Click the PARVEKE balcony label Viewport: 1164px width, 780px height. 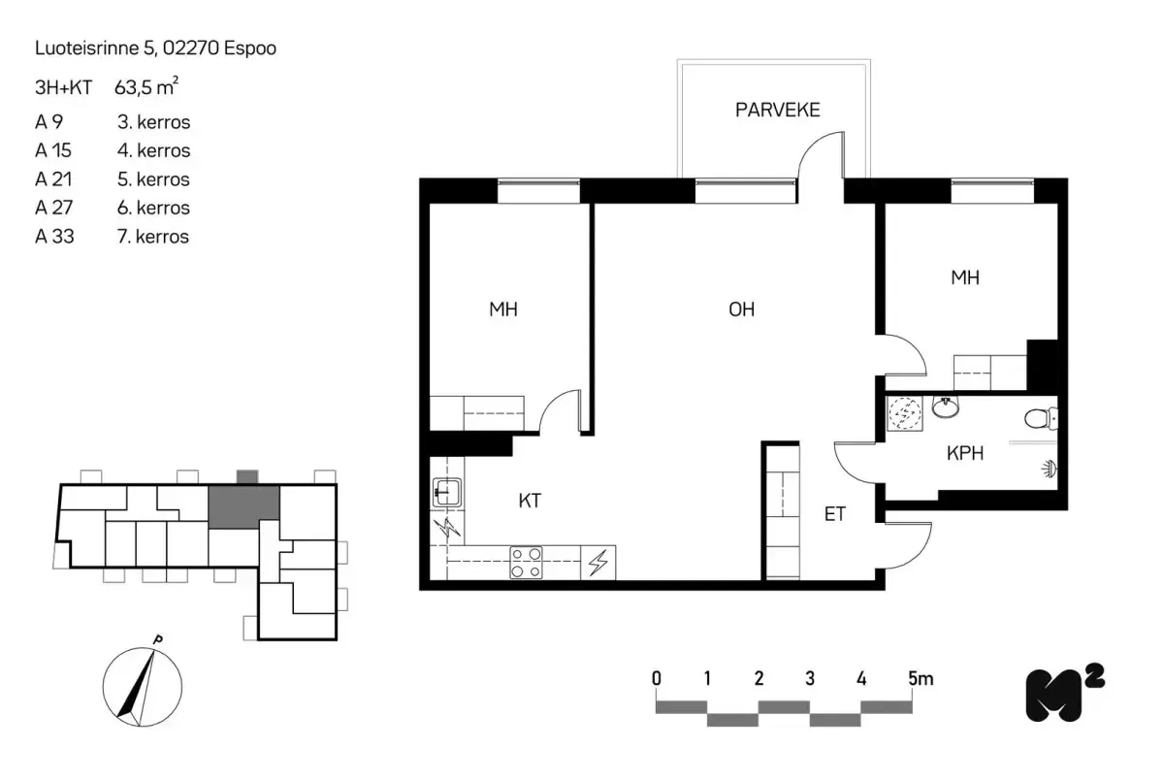pyautogui.click(x=777, y=110)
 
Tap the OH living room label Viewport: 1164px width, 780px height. pyautogui.click(x=741, y=310)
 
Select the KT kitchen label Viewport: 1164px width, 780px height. pyautogui.click(x=529, y=502)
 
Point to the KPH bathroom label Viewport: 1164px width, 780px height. pyautogui.click(x=965, y=452)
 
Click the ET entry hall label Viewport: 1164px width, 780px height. pyautogui.click(x=834, y=514)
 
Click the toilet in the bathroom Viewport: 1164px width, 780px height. pyautogui.click(x=1042, y=419)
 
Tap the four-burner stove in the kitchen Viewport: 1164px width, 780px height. pyautogui.click(x=528, y=563)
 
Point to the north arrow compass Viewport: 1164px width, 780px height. pyautogui.click(x=140, y=684)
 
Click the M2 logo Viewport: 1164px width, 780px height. pyautogui.click(x=1063, y=694)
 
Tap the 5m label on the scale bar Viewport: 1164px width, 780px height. pyautogui.click(x=921, y=678)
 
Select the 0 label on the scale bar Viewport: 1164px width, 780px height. pyautogui.click(x=657, y=678)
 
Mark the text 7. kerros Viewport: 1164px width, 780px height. pyautogui.click(x=152, y=236)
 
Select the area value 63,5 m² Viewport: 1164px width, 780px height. pyautogui.click(x=145, y=88)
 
